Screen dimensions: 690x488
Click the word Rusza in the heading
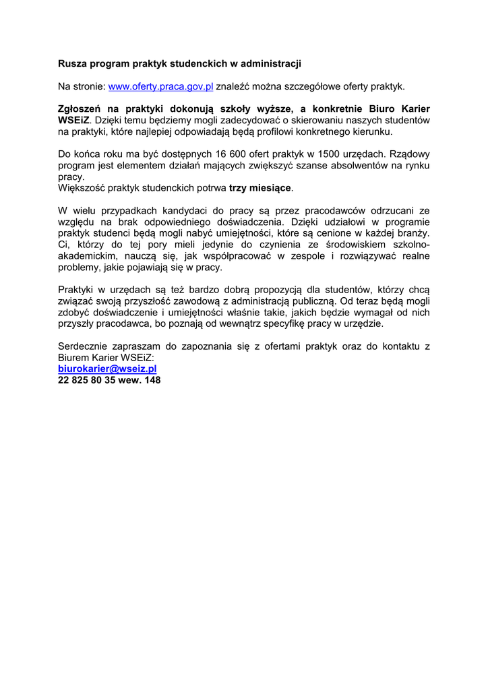pos(72,63)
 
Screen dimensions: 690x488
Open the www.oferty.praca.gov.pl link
pos(160,86)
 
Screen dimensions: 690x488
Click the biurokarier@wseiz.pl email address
pos(107,369)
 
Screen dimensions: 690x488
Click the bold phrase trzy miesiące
pos(262,187)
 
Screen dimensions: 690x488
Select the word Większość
pos(84,187)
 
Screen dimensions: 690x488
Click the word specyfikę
pos(284,323)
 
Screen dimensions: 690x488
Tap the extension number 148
pos(152,380)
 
